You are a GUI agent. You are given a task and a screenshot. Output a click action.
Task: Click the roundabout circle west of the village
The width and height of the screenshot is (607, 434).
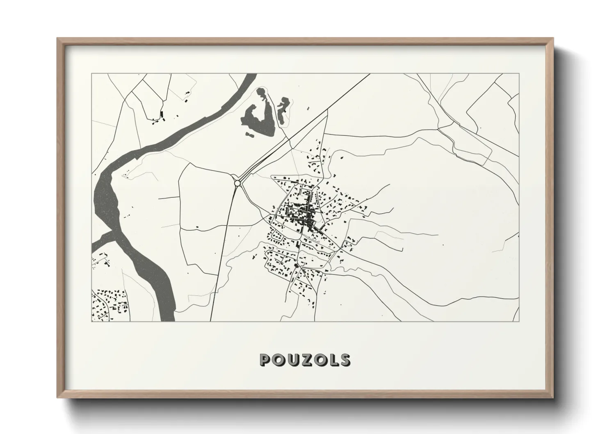click(237, 183)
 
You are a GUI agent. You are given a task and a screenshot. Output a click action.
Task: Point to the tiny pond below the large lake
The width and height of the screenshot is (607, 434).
click(249, 134)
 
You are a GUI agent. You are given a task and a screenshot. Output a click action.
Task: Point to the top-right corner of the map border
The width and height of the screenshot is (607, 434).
click(519, 74)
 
